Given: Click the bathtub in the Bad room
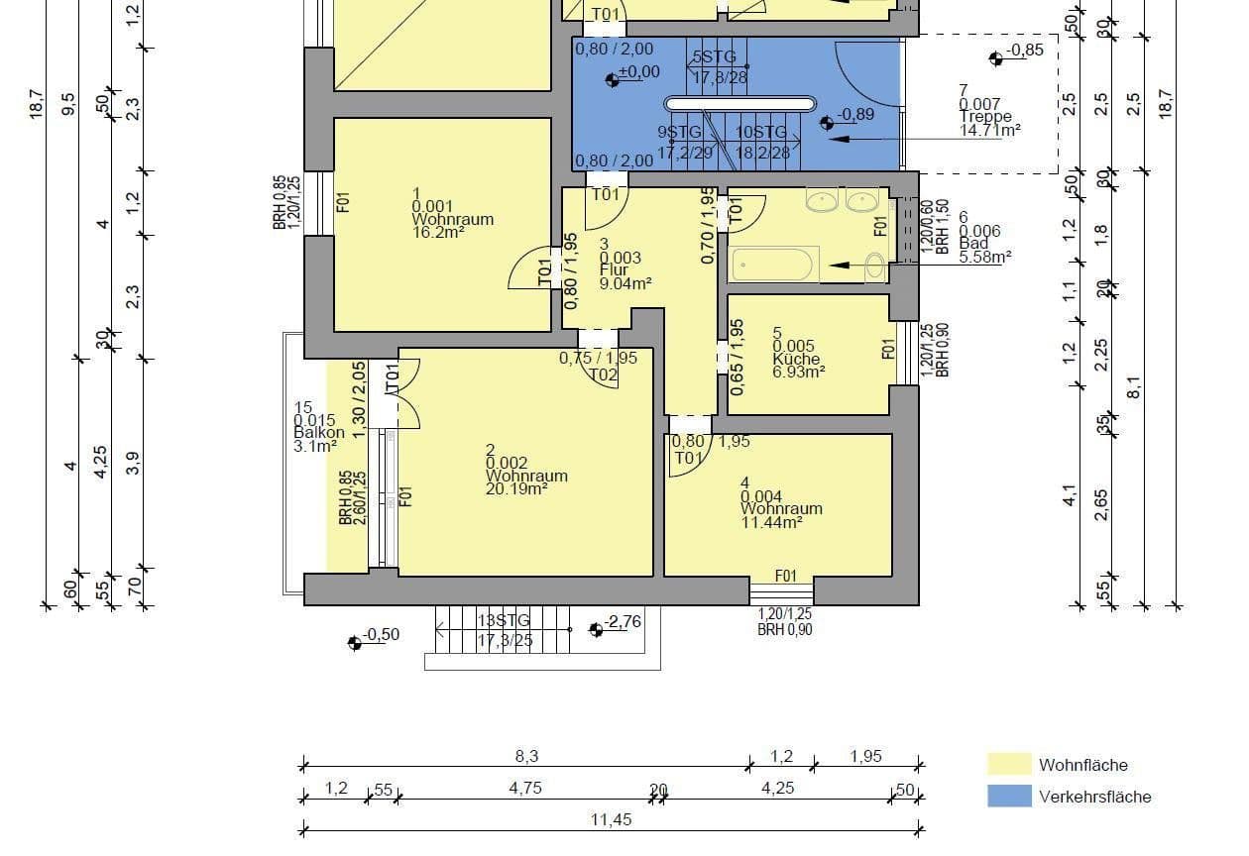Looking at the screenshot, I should [x=772, y=265].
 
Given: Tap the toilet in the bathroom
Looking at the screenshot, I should [x=875, y=266].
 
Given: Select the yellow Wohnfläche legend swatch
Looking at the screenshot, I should [x=1009, y=764].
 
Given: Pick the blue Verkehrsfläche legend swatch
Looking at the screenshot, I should [x=1009, y=796].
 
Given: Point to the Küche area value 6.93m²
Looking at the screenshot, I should [x=799, y=372].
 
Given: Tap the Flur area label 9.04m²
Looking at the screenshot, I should [x=625, y=282].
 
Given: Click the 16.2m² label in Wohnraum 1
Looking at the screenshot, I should [x=439, y=232].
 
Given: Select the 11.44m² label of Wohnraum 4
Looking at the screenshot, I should [x=771, y=522].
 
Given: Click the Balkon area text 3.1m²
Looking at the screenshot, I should [x=314, y=446].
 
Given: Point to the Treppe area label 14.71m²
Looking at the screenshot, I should [x=989, y=129].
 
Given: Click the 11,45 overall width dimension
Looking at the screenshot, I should [x=612, y=819].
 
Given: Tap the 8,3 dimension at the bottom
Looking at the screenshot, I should [x=525, y=756].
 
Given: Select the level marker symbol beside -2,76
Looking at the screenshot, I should [x=596, y=629].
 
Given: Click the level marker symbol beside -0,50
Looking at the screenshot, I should [x=355, y=643].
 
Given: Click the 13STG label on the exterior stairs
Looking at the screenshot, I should [x=504, y=620].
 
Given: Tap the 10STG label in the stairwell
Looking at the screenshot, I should [x=761, y=133].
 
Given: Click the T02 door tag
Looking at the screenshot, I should [x=604, y=374].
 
